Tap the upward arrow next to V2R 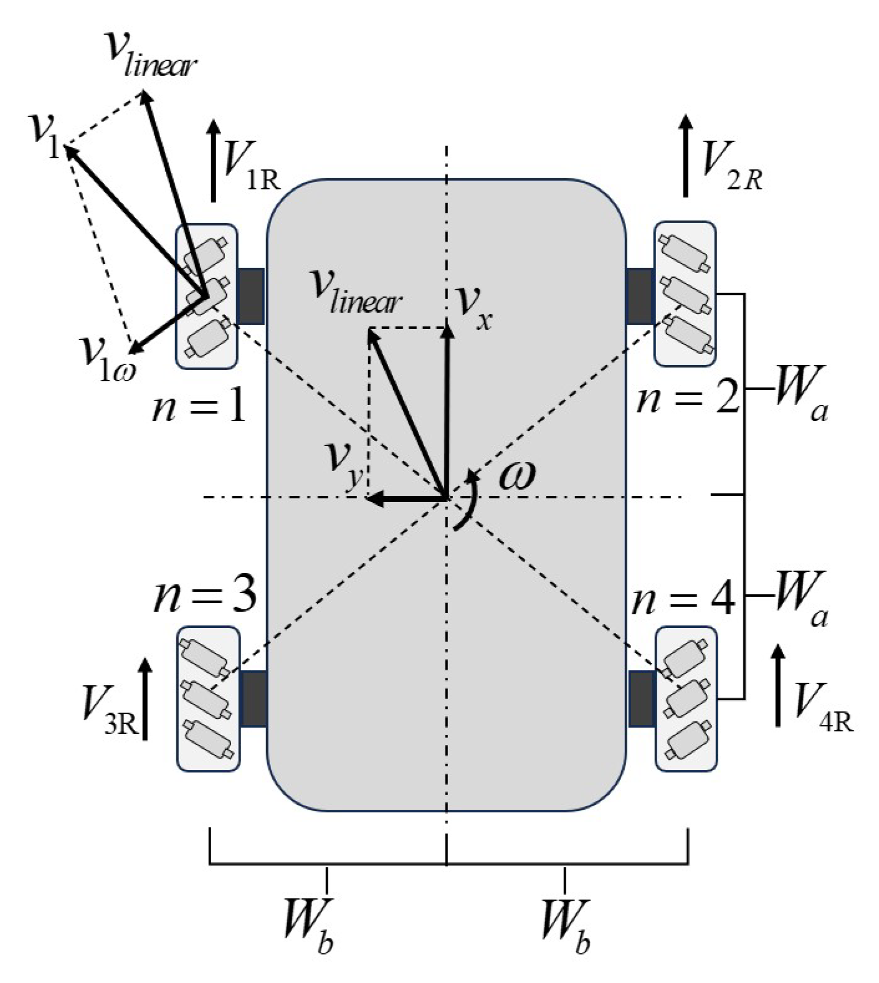point(686,156)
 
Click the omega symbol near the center point(517,477)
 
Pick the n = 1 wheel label point(199,408)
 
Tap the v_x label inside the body point(473,305)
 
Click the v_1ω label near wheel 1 point(106,356)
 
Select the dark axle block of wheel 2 point(639,296)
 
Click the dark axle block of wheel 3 point(254,698)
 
